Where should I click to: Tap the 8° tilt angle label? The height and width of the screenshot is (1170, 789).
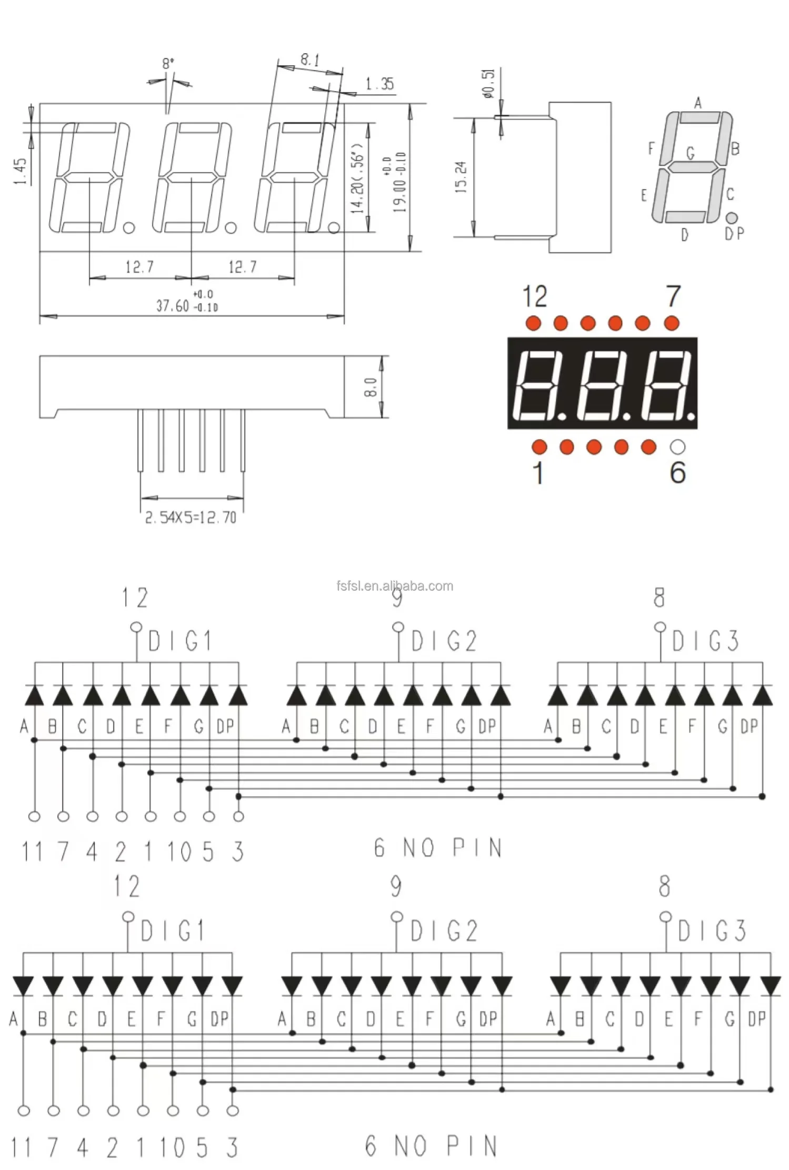point(168,64)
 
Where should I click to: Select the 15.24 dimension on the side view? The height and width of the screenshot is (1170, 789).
point(461,177)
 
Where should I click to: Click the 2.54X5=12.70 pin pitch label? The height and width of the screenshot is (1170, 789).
point(191,518)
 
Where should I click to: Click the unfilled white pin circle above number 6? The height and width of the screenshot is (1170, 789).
point(677,447)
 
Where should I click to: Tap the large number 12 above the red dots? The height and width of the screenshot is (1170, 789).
point(535,296)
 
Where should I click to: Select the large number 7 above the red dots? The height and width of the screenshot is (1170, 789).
point(673,296)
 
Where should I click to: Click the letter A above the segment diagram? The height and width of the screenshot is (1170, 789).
point(698,103)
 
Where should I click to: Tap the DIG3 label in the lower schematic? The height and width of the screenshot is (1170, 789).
point(712,931)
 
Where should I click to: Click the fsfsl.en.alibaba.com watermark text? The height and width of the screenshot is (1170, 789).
point(395,586)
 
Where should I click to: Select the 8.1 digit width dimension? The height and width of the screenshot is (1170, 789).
point(310,60)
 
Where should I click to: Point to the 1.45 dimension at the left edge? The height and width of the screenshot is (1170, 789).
point(21,172)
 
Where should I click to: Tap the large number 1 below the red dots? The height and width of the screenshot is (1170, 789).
point(538,473)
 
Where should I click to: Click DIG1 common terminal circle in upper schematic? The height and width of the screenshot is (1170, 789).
point(136,627)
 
